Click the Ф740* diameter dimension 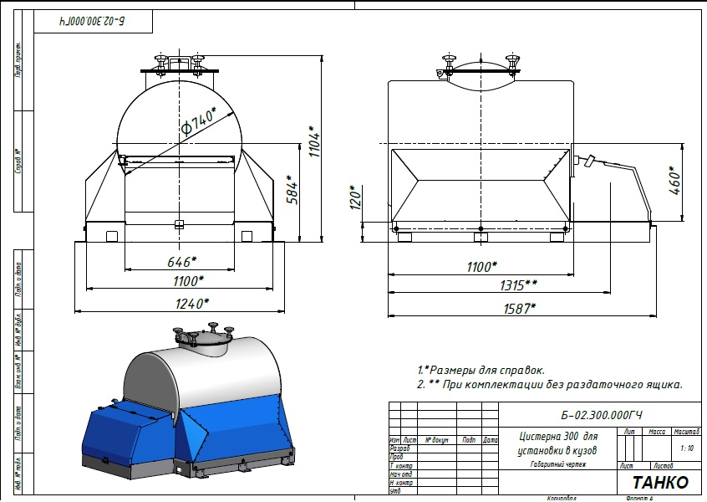point(198,120)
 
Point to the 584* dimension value point(291,192)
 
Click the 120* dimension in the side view point(355,198)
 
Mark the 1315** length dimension point(518,286)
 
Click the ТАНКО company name point(660,483)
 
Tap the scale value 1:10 point(687,448)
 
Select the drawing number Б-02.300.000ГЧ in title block point(603,415)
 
